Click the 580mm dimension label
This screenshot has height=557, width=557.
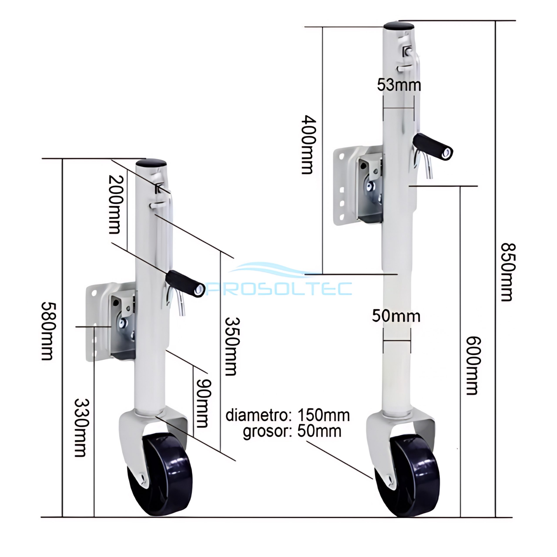[47, 331]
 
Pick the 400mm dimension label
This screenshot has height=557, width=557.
[309, 144]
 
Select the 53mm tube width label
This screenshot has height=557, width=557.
[399, 85]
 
